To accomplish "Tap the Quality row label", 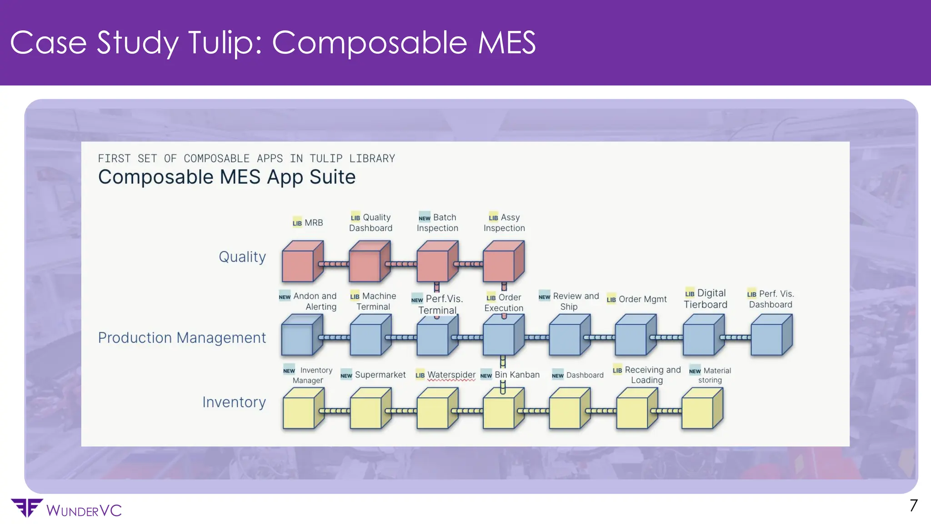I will [242, 257].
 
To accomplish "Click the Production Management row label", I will [182, 338].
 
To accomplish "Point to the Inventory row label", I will [234, 402].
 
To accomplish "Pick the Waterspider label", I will [451, 375].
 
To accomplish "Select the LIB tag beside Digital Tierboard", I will [690, 294].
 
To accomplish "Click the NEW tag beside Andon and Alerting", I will [285, 297].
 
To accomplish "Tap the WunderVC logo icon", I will [26, 508].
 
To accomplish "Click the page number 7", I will [913, 506].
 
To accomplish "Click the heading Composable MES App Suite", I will [226, 177].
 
